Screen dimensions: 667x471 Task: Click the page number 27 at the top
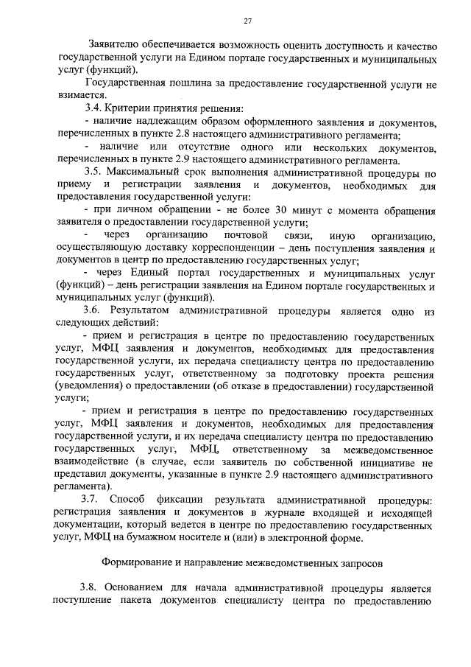tap(248, 20)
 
